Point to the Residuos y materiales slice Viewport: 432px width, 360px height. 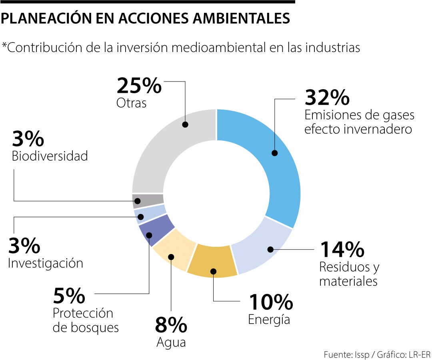(x=264, y=246)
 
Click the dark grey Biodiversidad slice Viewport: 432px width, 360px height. (x=148, y=200)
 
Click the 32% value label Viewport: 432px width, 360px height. (x=327, y=97)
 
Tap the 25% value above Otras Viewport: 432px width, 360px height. (x=139, y=86)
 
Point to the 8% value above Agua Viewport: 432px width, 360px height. (x=171, y=325)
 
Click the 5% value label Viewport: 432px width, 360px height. (x=69, y=296)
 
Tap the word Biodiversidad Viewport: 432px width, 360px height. (x=50, y=156)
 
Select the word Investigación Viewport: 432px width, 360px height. (x=46, y=263)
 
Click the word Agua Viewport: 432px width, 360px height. (x=171, y=342)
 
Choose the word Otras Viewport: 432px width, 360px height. (x=132, y=103)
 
